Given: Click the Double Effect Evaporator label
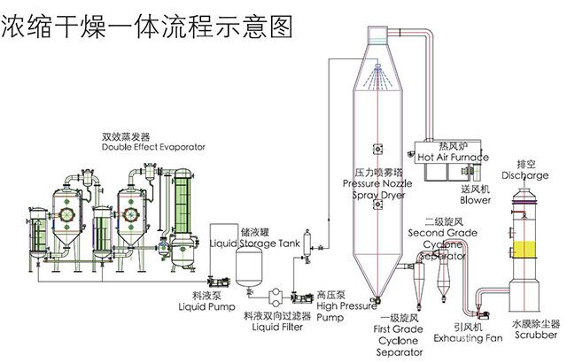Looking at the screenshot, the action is [153, 147].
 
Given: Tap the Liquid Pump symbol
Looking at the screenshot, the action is [219, 281].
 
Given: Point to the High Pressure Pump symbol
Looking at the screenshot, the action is [302, 298].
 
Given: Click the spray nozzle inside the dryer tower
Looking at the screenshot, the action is [378, 66].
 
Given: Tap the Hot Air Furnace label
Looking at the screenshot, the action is [453, 157].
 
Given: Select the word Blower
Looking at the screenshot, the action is [475, 200].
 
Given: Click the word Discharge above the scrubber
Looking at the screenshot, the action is [525, 175].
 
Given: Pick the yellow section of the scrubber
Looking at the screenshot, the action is [524, 250].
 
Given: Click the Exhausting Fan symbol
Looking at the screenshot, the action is [482, 314].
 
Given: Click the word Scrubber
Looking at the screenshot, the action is [536, 335].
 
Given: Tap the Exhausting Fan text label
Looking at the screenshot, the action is [468, 338].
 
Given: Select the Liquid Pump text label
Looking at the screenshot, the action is [206, 307].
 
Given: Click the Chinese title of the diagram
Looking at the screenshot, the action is [146, 27].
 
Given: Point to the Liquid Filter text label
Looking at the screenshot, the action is [277, 328].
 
